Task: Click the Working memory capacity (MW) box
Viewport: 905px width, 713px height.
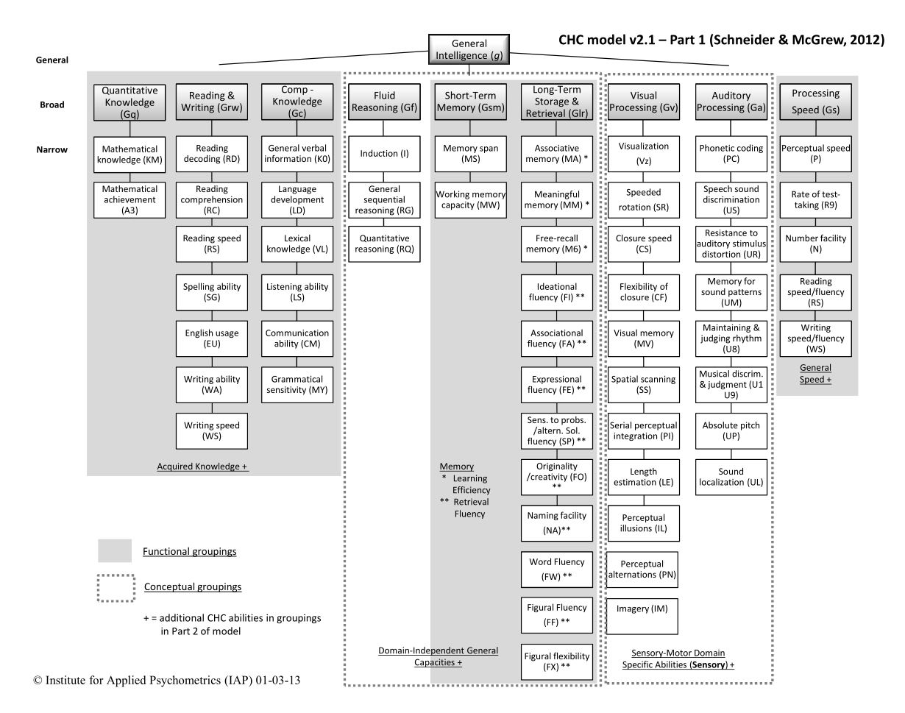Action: pyautogui.click(x=469, y=199)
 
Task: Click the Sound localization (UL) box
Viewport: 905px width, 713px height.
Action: pyautogui.click(x=731, y=477)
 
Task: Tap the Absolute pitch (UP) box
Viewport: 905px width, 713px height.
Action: pyautogui.click(x=731, y=431)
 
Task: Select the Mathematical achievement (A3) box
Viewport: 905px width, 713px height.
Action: pyautogui.click(x=129, y=199)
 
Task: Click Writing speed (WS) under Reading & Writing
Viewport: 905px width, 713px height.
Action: pyautogui.click(x=212, y=431)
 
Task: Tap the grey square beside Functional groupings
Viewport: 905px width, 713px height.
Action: pyautogui.click(x=115, y=550)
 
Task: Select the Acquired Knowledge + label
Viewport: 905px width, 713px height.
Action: pyautogui.click(x=202, y=466)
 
